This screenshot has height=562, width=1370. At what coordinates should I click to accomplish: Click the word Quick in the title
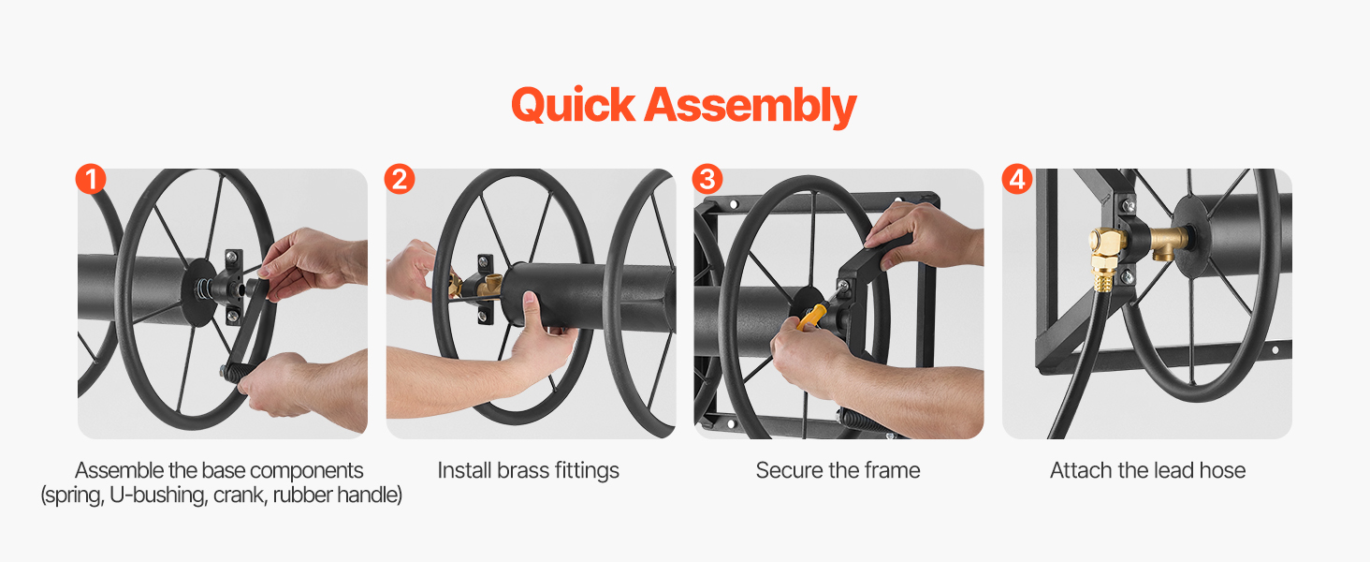573,105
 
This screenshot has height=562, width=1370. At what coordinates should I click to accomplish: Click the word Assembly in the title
751,107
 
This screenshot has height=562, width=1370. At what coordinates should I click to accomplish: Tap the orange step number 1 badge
91,180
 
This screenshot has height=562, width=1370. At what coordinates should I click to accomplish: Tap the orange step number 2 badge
400,180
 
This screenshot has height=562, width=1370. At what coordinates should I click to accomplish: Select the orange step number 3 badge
707,180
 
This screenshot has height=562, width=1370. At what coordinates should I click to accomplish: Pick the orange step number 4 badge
1017,180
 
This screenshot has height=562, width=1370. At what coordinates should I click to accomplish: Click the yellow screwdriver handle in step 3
811,318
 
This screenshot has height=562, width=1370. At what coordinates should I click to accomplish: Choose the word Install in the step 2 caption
463,470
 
